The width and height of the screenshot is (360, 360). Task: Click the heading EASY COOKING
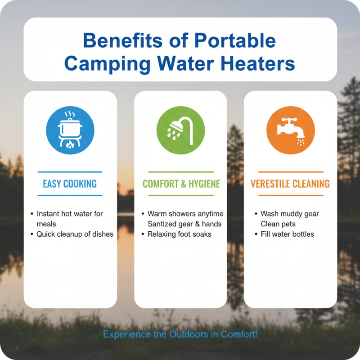click(70, 184)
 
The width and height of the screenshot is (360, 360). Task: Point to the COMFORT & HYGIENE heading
click(181, 184)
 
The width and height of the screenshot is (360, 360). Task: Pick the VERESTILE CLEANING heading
click(290, 184)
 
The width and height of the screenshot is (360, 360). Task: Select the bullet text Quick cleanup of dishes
click(75, 234)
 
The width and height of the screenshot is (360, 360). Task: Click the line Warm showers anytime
click(185, 214)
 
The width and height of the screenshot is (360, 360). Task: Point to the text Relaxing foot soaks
click(180, 234)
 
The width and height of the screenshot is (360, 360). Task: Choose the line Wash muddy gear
click(289, 214)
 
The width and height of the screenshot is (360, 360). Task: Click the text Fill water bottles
click(287, 234)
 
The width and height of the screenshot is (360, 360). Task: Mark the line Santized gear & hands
click(184, 224)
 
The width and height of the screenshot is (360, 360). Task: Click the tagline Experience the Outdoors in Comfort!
click(180, 334)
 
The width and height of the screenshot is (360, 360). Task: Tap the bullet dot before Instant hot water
click(31, 214)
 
